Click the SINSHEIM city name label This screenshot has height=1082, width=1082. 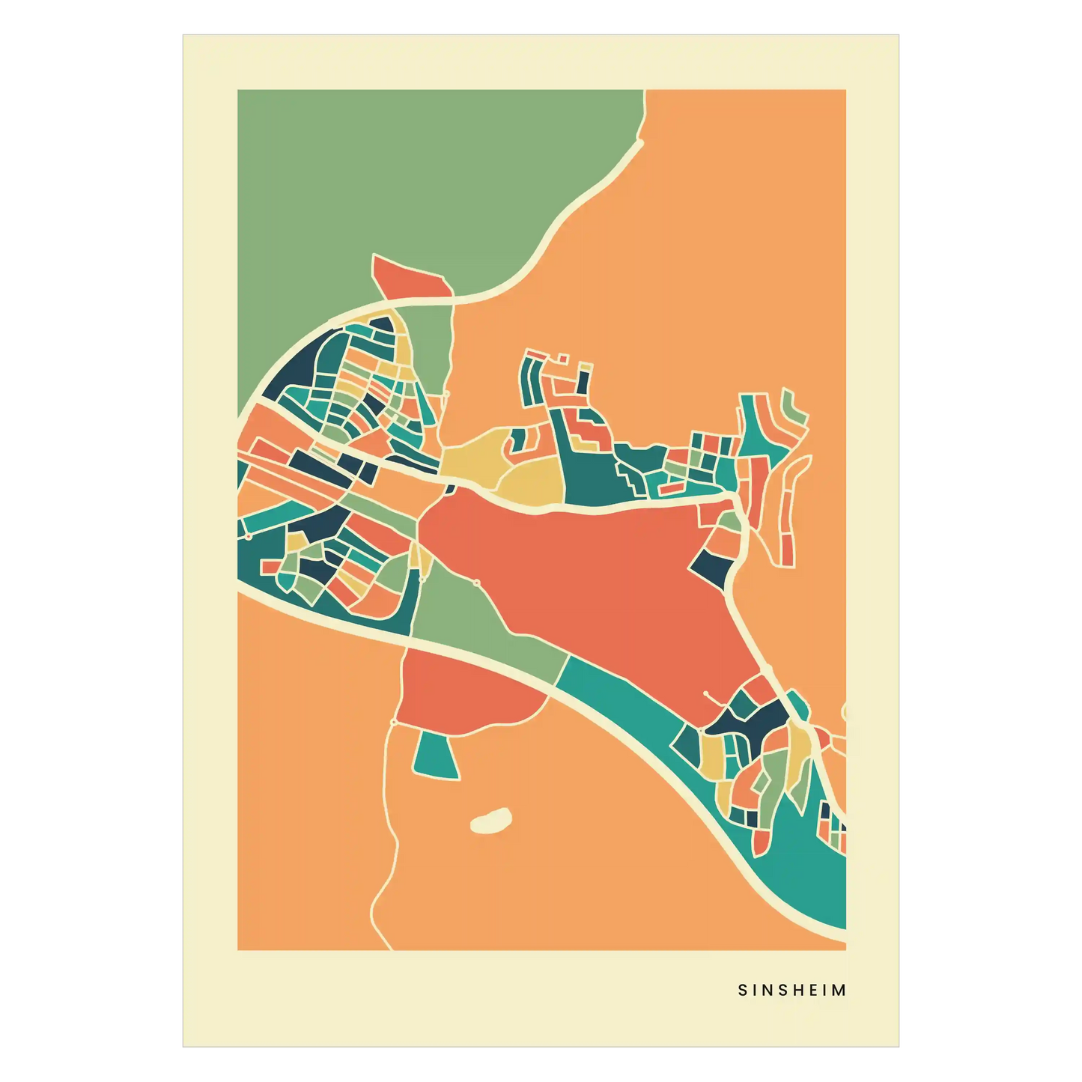pos(792,990)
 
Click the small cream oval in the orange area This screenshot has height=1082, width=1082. pos(490,821)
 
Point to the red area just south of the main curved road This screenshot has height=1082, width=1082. pos(464,693)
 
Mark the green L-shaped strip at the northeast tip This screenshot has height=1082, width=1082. pos(794,409)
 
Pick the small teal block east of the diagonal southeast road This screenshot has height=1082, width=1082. pos(798,704)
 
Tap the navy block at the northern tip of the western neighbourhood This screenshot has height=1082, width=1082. pos(381,326)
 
